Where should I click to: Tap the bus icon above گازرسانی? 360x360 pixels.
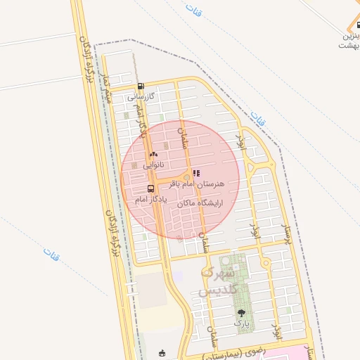coord(141,87)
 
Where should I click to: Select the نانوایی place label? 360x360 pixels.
coord(154,165)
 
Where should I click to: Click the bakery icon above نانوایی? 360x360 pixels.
coord(153,155)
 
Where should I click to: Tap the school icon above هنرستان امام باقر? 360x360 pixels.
coord(196,172)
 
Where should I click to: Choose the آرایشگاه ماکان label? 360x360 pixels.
coord(200,202)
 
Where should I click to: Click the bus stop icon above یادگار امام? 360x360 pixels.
coord(150,189)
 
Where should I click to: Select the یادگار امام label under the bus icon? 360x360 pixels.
coord(150,200)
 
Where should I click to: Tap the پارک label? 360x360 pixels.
coord(242,323)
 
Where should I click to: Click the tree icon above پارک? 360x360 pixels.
coord(242,313)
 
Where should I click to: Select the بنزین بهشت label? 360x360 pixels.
coord(350,40)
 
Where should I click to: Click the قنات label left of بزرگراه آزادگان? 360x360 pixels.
coord(51,251)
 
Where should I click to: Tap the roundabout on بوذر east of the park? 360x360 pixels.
coord(266,264)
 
